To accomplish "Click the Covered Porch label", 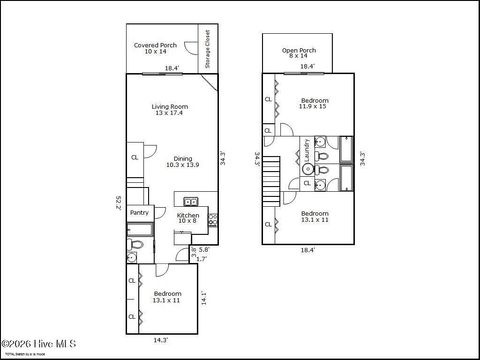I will click(155, 48).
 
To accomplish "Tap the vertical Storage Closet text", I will click(206, 47).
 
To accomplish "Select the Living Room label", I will click(170, 109).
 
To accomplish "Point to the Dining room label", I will click(182, 161).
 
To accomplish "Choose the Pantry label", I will click(139, 212).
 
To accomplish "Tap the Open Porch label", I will click(298, 52).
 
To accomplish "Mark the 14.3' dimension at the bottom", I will click(161, 341).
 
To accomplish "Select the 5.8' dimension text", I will click(204, 249).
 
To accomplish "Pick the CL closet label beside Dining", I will click(134, 157).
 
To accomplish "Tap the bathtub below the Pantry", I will click(139, 242).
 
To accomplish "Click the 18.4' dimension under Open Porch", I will click(307, 67).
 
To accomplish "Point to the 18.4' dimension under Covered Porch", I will click(171, 68).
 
